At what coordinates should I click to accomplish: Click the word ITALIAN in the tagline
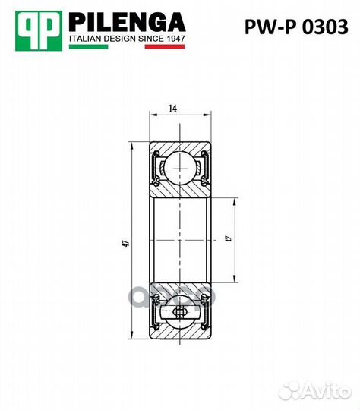click(x=85, y=36)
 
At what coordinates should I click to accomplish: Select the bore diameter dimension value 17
click(x=227, y=240)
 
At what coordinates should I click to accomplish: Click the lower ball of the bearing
click(x=181, y=312)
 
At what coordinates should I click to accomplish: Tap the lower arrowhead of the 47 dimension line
click(x=133, y=338)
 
